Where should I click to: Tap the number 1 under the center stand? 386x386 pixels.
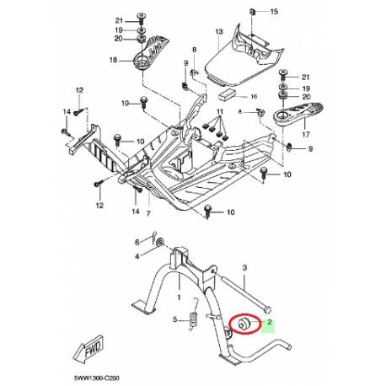(x=180, y=296)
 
